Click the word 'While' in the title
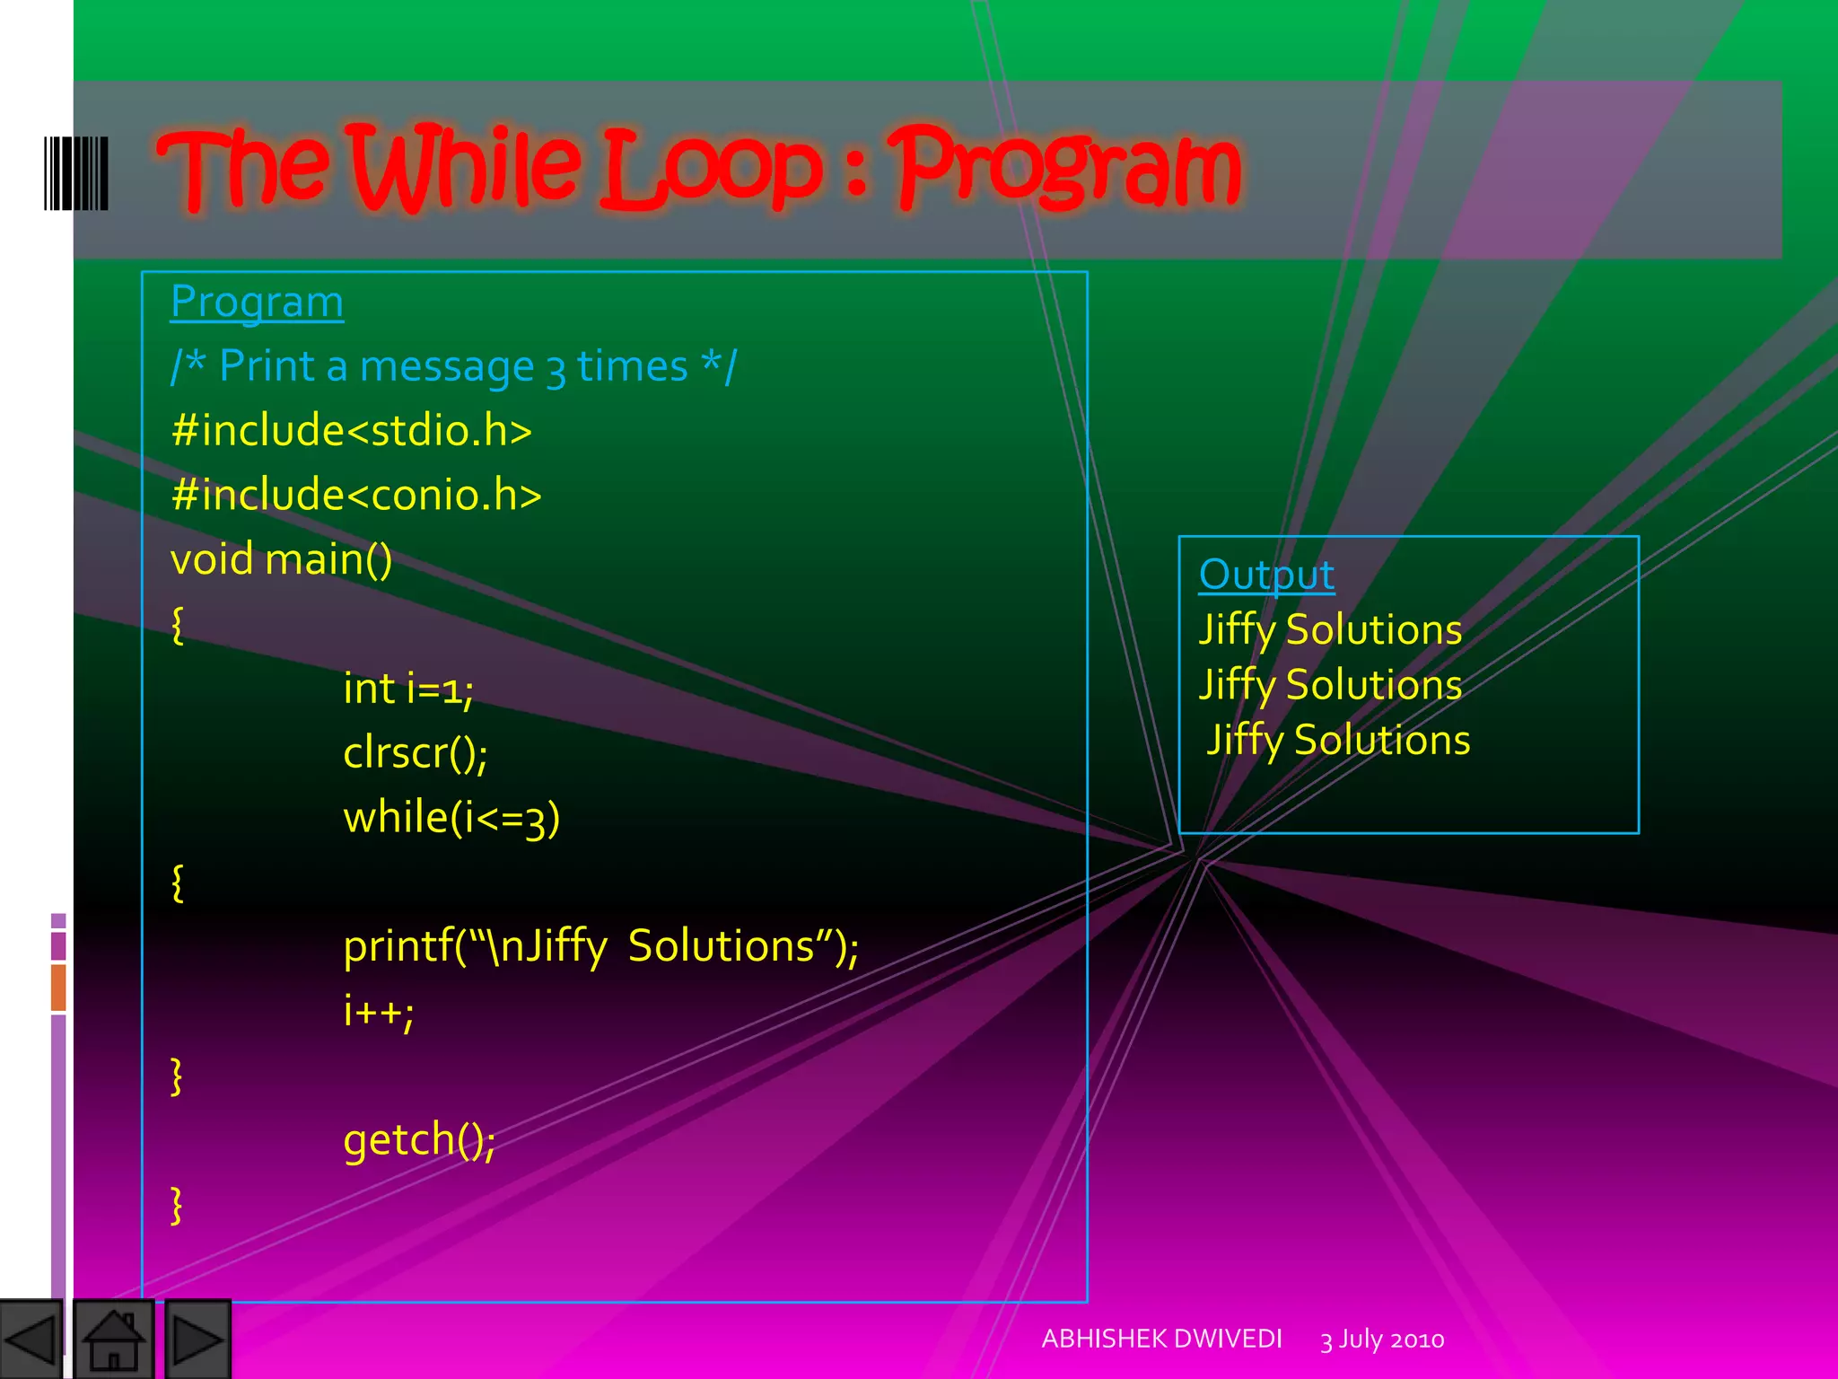coord(467,167)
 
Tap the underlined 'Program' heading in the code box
coord(257,302)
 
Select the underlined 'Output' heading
coord(1266,575)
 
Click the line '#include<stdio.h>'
coord(351,430)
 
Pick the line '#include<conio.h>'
coord(356,495)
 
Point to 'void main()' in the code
coord(281,559)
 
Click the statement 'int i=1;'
coord(408,689)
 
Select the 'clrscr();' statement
coord(416,753)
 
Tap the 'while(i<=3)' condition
coord(451,818)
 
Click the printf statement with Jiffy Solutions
coord(600,946)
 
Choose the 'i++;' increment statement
coord(378,1011)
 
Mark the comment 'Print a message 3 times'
coord(453,366)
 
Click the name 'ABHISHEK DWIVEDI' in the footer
coord(1161,1339)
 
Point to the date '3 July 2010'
coord(1382,1339)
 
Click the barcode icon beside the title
coord(76,173)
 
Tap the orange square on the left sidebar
coord(58,987)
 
